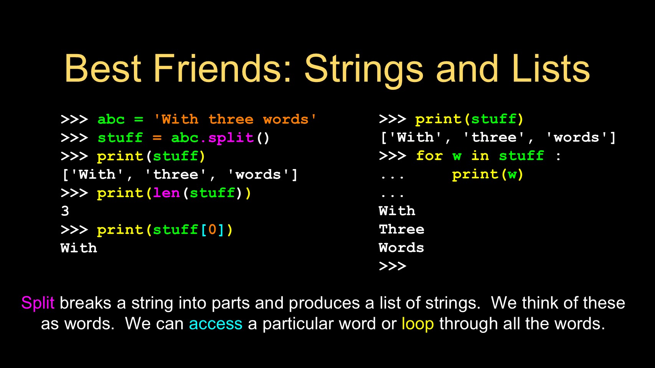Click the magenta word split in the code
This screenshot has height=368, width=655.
231,138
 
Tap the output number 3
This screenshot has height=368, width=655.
65,211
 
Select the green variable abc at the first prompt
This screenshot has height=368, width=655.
111,120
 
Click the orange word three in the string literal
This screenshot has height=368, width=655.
231,120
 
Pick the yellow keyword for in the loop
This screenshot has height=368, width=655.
429,156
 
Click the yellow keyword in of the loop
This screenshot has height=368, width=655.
480,156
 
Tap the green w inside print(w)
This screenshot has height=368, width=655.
512,175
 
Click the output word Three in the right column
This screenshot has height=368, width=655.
401,229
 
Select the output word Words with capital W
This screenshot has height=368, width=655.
401,248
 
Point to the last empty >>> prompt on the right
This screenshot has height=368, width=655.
393,266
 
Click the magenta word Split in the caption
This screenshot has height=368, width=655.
38,303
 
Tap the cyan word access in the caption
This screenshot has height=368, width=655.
216,324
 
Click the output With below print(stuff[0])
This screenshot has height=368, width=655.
79,248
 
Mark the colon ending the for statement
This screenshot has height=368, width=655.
558,156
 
